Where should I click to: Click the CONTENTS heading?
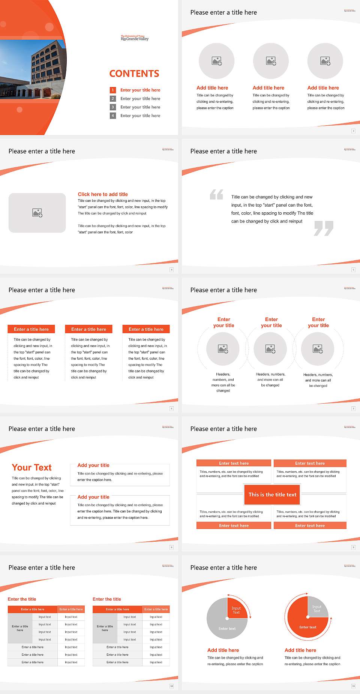[134, 74]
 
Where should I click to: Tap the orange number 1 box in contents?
[112, 90]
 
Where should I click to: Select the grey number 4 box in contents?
[112, 116]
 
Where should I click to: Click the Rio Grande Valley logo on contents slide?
[135, 38]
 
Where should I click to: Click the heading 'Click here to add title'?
[103, 194]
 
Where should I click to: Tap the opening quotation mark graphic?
[216, 194]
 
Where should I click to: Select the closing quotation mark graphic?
[324, 228]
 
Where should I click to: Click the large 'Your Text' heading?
[32, 467]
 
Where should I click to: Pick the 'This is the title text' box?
[272, 494]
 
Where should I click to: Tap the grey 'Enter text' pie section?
[225, 627]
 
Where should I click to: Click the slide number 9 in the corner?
[353, 547]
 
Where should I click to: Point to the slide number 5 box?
[353, 270]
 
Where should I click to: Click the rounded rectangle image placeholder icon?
[37, 213]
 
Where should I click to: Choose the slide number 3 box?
[353, 131]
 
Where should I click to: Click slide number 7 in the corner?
[353, 409]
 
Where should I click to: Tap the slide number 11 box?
[353, 686]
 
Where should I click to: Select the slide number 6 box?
[172, 409]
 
